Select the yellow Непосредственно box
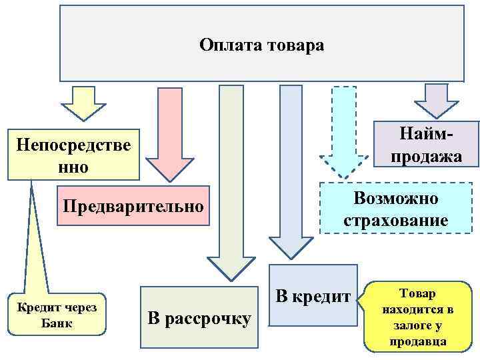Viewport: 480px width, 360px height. (74, 155)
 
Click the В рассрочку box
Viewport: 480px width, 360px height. (199, 319)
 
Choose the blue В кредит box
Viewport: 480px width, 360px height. (313, 297)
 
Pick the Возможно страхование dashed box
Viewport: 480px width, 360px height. (395, 209)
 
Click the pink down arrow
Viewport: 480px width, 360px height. (169, 133)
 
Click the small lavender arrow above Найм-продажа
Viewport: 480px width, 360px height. (437, 100)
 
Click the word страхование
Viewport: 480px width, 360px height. (395, 220)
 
